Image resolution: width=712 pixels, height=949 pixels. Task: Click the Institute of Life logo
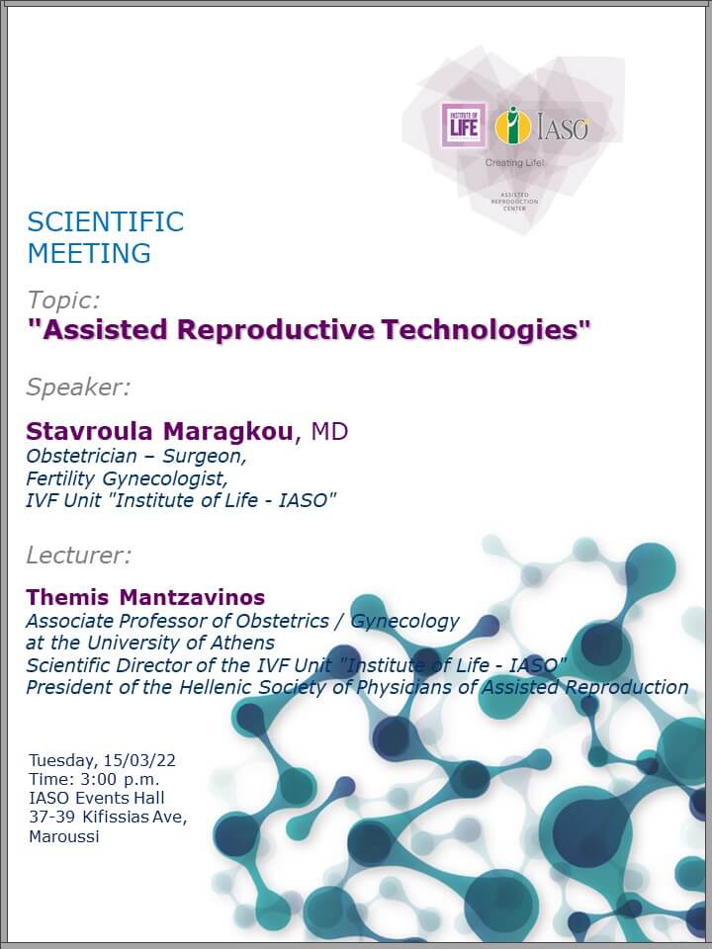click(x=464, y=126)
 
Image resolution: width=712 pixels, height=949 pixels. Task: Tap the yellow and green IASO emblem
click(x=513, y=126)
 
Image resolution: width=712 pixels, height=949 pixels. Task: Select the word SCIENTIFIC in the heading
click(x=106, y=221)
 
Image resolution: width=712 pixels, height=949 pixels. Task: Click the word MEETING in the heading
click(x=89, y=253)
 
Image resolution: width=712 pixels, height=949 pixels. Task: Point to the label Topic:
click(x=63, y=301)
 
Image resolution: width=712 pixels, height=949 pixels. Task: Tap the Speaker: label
click(x=78, y=388)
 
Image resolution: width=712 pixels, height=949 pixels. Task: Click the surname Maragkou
click(x=228, y=432)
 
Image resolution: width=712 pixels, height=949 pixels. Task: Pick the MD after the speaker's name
click(x=329, y=432)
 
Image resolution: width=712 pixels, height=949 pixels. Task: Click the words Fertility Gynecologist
click(x=127, y=478)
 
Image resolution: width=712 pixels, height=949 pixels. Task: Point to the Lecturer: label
click(x=79, y=555)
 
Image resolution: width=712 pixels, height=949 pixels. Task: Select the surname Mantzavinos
click(x=192, y=597)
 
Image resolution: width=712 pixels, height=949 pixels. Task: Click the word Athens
click(x=242, y=643)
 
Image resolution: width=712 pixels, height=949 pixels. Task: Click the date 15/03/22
click(x=139, y=760)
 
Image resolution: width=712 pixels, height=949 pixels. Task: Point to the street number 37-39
click(x=52, y=818)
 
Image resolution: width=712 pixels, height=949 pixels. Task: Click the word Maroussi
click(x=64, y=837)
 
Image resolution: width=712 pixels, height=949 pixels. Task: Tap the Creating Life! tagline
click(x=514, y=163)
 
